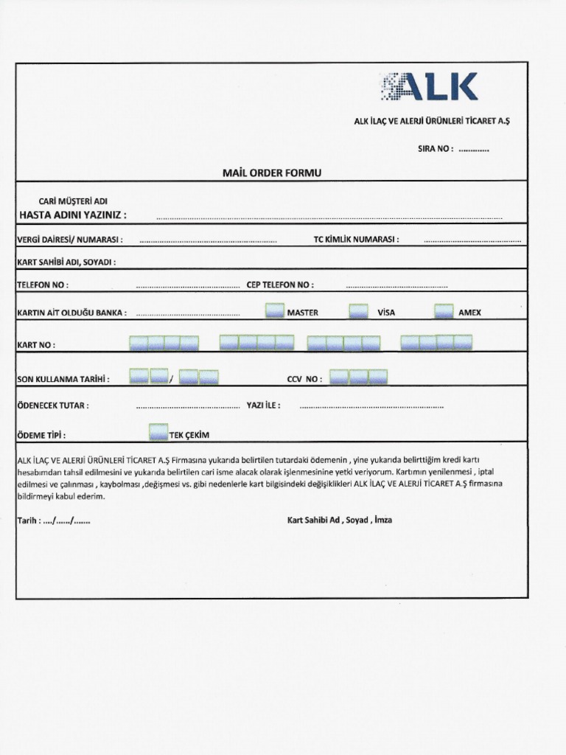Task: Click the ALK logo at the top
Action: point(429,87)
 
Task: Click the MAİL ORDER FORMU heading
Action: point(272,173)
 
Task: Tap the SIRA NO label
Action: point(436,149)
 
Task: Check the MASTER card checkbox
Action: point(274,312)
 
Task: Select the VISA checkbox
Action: point(358,312)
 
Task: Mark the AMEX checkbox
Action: point(444,312)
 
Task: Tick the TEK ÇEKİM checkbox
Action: point(158,434)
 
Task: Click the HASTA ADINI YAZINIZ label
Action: point(72,215)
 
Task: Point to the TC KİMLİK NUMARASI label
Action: point(356,240)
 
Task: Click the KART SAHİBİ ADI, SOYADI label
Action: point(66,262)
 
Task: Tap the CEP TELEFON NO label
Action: point(279,285)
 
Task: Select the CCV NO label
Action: point(304,379)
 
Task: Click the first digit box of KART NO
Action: point(139,343)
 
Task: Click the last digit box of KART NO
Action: point(463,342)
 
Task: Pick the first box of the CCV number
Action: point(339,377)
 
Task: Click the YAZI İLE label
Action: point(263,405)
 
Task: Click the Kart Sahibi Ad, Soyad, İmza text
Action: point(339,520)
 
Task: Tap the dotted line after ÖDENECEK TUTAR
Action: point(188,406)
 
